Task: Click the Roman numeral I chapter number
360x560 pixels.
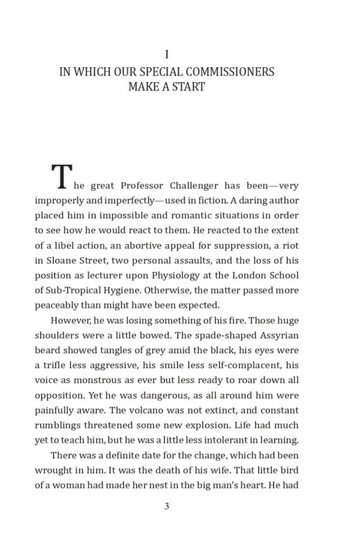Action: (167, 55)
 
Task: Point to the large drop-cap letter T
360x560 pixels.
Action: (61, 177)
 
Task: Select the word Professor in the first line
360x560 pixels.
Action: (145, 185)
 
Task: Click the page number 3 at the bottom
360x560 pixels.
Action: (167, 506)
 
